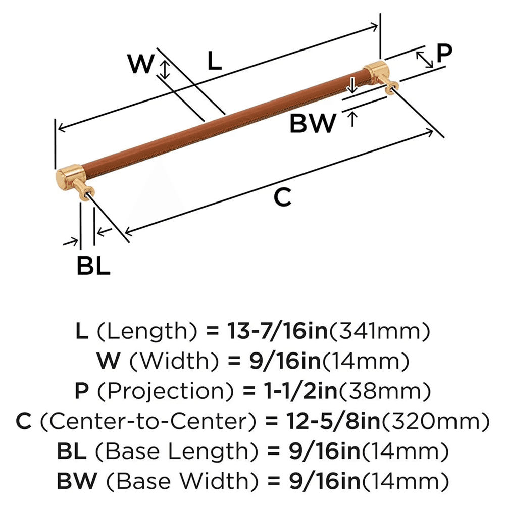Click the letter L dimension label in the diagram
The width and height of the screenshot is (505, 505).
pyautogui.click(x=215, y=61)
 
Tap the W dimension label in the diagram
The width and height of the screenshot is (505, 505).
pyautogui.click(x=140, y=64)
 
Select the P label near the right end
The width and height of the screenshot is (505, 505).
pyautogui.click(x=444, y=53)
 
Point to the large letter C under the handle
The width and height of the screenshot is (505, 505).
pyautogui.click(x=283, y=197)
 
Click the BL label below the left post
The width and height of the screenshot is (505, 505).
pyautogui.click(x=93, y=266)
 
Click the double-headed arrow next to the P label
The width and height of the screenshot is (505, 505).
pyautogui.click(x=425, y=59)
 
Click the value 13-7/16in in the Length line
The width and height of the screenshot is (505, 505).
pyautogui.click(x=268, y=332)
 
